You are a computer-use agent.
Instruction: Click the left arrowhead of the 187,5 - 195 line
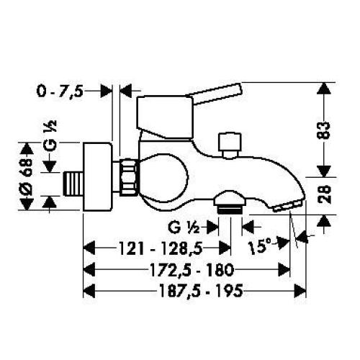click(90, 291)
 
